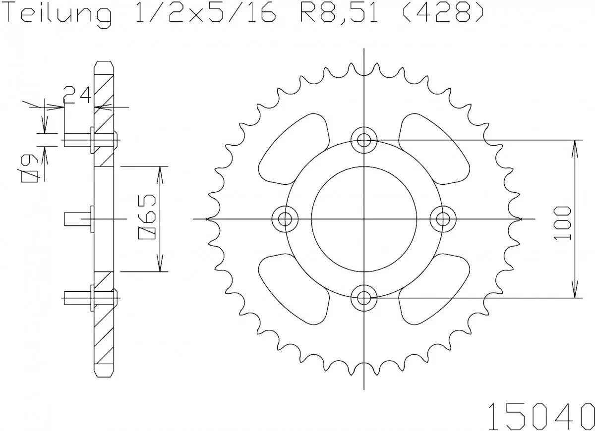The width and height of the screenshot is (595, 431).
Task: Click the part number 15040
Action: pos(540,414)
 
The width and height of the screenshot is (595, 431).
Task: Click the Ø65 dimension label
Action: pos(149,218)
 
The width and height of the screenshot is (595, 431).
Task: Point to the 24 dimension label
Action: pos(77,96)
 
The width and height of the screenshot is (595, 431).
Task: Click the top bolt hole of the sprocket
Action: pos(364,139)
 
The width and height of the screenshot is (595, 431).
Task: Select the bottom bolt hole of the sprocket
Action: pos(364,297)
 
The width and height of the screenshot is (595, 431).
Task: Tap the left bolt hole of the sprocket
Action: pos(285,218)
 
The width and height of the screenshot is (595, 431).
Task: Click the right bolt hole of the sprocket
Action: pos(443,218)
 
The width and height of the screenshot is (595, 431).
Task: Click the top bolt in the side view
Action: pos(84,140)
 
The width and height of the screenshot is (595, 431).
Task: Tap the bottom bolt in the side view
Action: pos(84,297)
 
